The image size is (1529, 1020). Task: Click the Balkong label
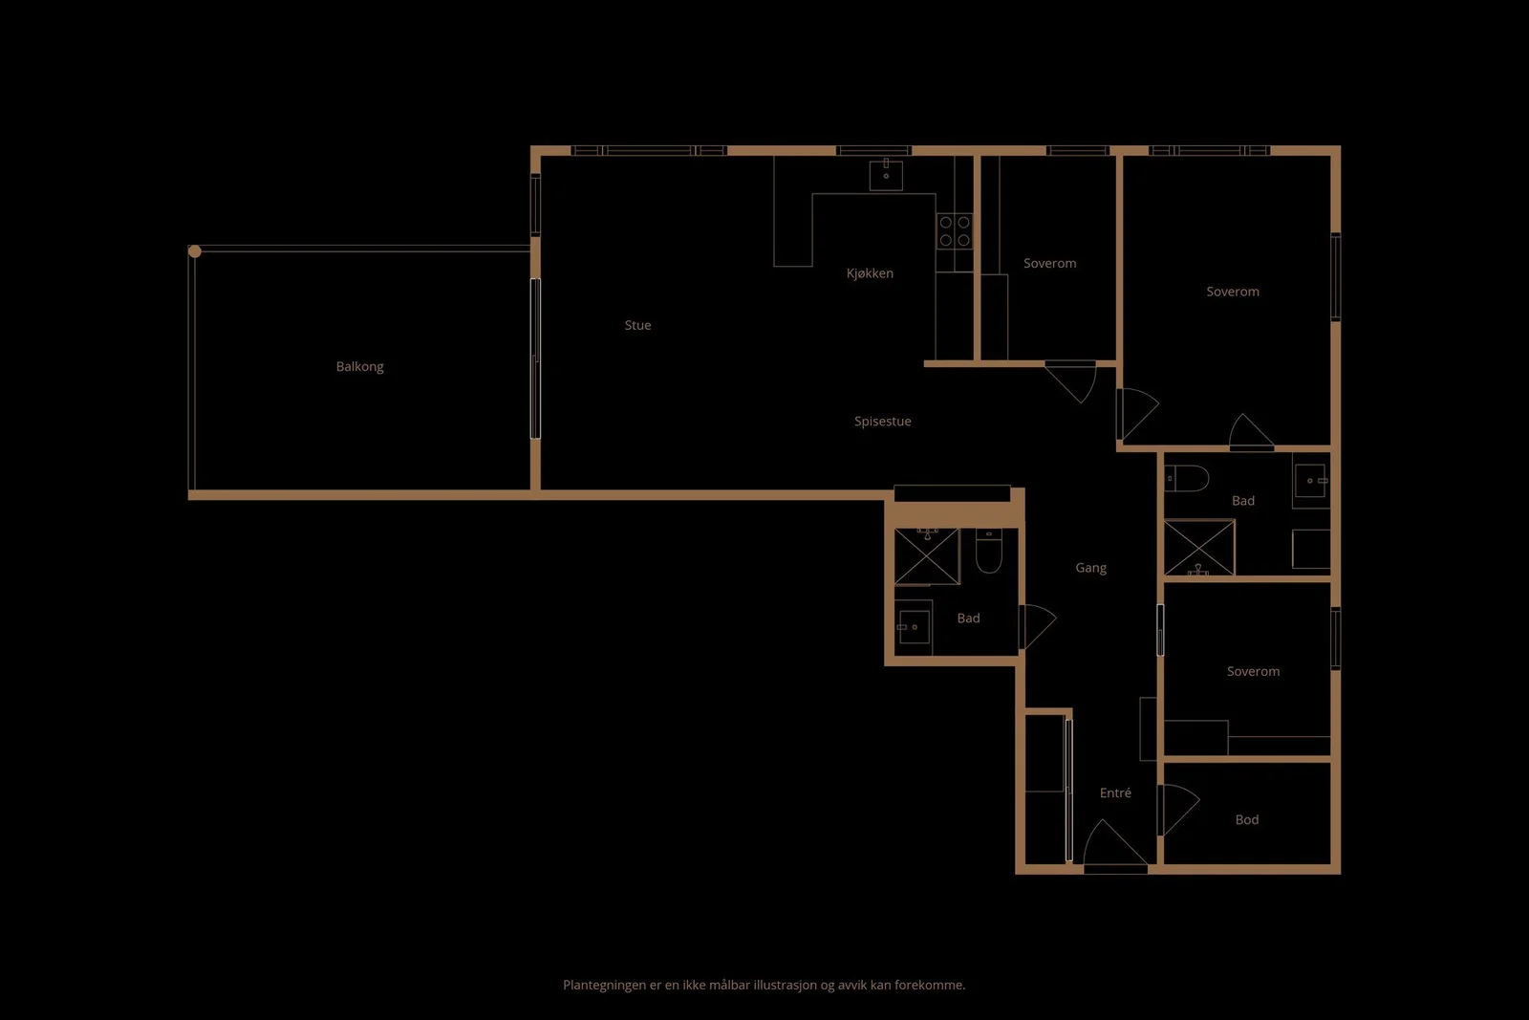359,367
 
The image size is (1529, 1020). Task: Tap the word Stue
637,325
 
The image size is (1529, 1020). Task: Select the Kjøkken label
870,273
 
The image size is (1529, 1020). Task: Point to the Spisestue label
883,422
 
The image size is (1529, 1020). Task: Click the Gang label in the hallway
1090,568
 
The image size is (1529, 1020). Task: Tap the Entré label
1115,792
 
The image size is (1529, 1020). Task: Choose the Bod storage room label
1247,819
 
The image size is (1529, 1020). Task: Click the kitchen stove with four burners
955,230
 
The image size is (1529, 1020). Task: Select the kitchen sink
886,175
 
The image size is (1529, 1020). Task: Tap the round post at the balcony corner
195,251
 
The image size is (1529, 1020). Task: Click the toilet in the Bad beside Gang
988,551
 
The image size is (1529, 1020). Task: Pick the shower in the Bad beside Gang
927,556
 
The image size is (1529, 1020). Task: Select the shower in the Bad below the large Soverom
1199,548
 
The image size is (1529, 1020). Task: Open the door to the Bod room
1179,810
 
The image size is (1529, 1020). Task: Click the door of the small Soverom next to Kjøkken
1070,381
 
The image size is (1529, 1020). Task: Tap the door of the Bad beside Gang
1038,627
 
